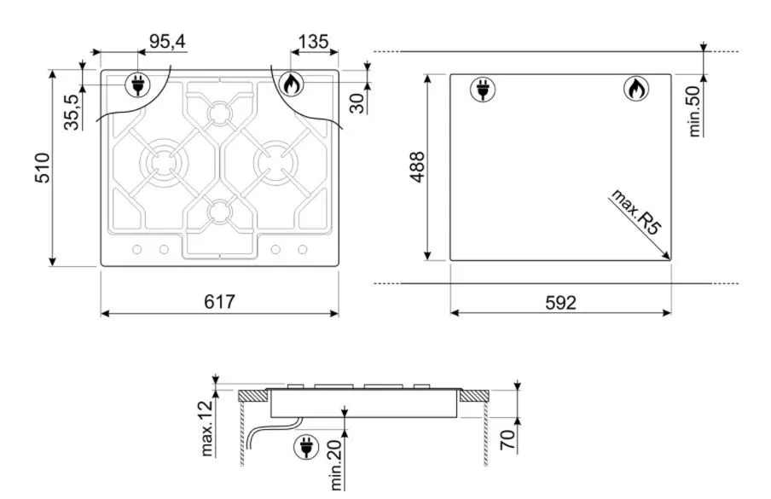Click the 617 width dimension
pos(220,301)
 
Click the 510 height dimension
pos(43,168)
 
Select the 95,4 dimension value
pos(168,42)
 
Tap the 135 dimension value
pos(313,42)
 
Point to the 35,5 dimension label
pos(72,112)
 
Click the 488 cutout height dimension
pos(417,167)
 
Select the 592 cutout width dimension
pos(560,302)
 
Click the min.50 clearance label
pos(693,111)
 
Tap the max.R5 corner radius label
pos(635,212)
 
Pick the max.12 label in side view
pos(207,428)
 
